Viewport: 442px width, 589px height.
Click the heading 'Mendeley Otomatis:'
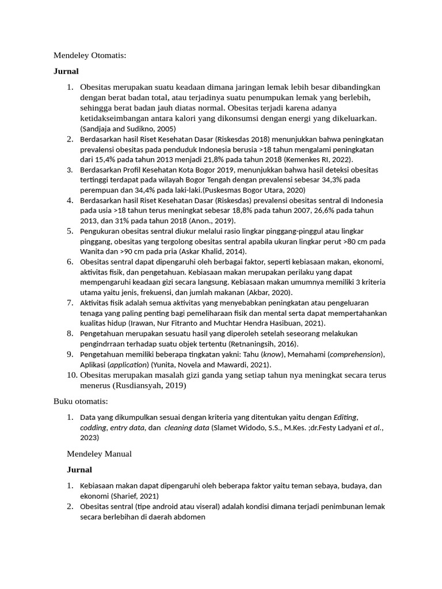pos(89,56)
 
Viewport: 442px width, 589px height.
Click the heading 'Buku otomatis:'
pos(81,401)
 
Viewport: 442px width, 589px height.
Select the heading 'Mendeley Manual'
pos(99,454)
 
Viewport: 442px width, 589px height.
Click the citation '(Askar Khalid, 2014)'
pos(212,251)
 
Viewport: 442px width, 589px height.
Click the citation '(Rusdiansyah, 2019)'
pos(150,385)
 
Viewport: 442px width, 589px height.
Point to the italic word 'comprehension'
pos(353,354)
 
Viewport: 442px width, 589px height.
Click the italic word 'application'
pos(128,365)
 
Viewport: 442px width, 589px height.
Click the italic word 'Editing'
pos(346,417)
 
